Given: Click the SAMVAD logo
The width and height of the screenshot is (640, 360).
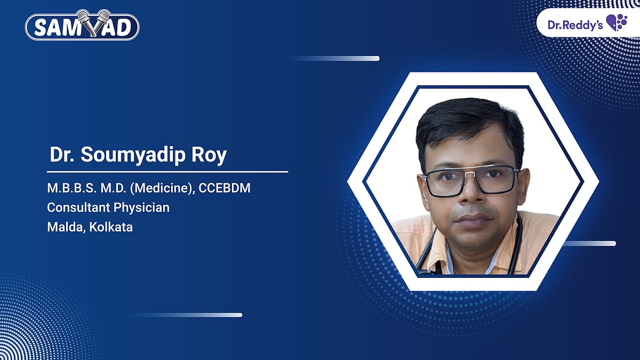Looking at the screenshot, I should point(82,27).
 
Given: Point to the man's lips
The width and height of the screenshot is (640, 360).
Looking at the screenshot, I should point(471,219).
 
